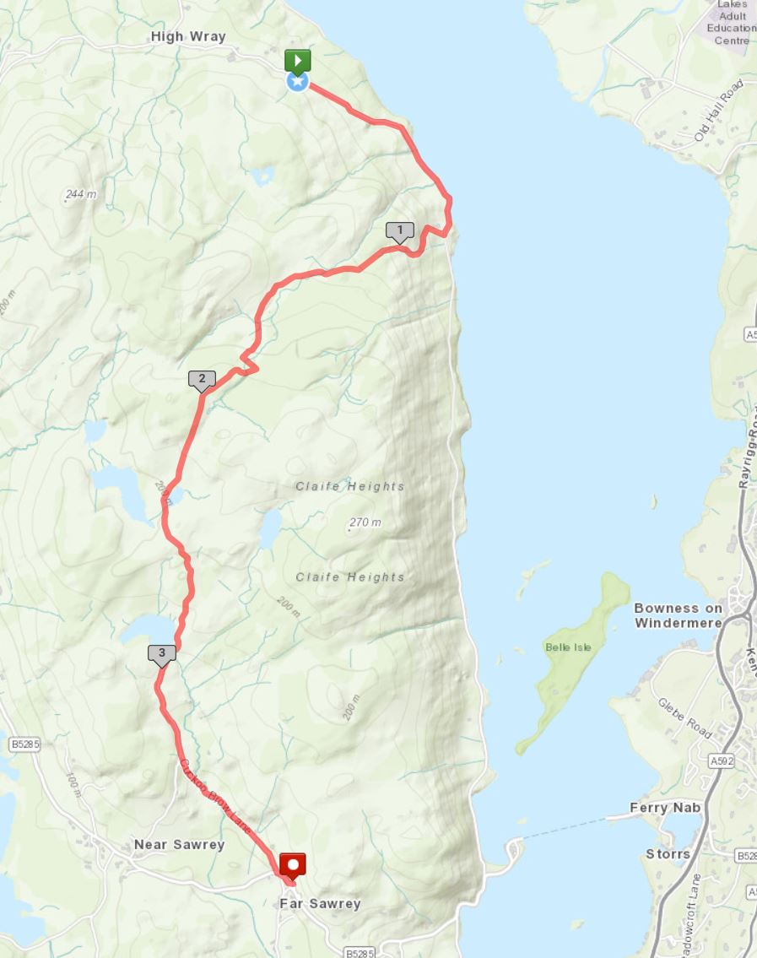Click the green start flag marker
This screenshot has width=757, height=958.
click(297, 61)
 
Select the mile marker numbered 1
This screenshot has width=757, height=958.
click(399, 230)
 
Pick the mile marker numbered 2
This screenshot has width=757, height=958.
click(202, 379)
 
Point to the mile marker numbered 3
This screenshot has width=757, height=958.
click(161, 652)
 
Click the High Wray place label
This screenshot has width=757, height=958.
click(188, 36)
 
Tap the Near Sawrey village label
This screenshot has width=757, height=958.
click(179, 845)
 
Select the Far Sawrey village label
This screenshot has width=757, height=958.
click(320, 904)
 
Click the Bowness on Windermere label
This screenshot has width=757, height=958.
click(678, 615)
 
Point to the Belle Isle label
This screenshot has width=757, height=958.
click(568, 647)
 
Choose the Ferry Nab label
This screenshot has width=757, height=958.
click(665, 808)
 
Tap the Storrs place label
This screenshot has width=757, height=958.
click(668, 854)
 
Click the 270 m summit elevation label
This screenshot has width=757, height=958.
click(365, 522)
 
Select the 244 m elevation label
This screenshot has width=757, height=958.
click(81, 194)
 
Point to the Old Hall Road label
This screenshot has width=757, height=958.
click(718, 111)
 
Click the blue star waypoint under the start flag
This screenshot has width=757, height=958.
click(297, 82)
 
